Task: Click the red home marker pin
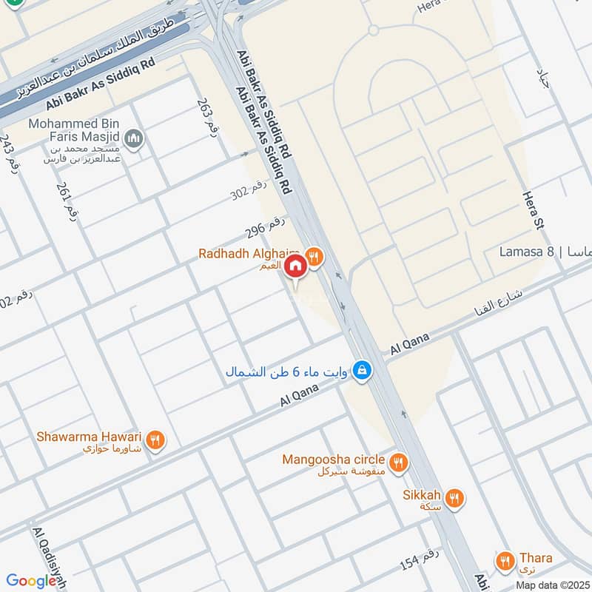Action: pos(295,267)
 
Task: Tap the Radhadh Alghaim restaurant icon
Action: pos(314,257)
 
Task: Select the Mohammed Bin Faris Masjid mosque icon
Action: pos(134,138)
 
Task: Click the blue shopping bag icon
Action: pos(361,370)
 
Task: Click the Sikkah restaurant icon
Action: pos(454,499)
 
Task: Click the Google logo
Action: pos(31,581)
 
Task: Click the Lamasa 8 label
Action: pos(526,252)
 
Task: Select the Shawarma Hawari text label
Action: pos(87,437)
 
